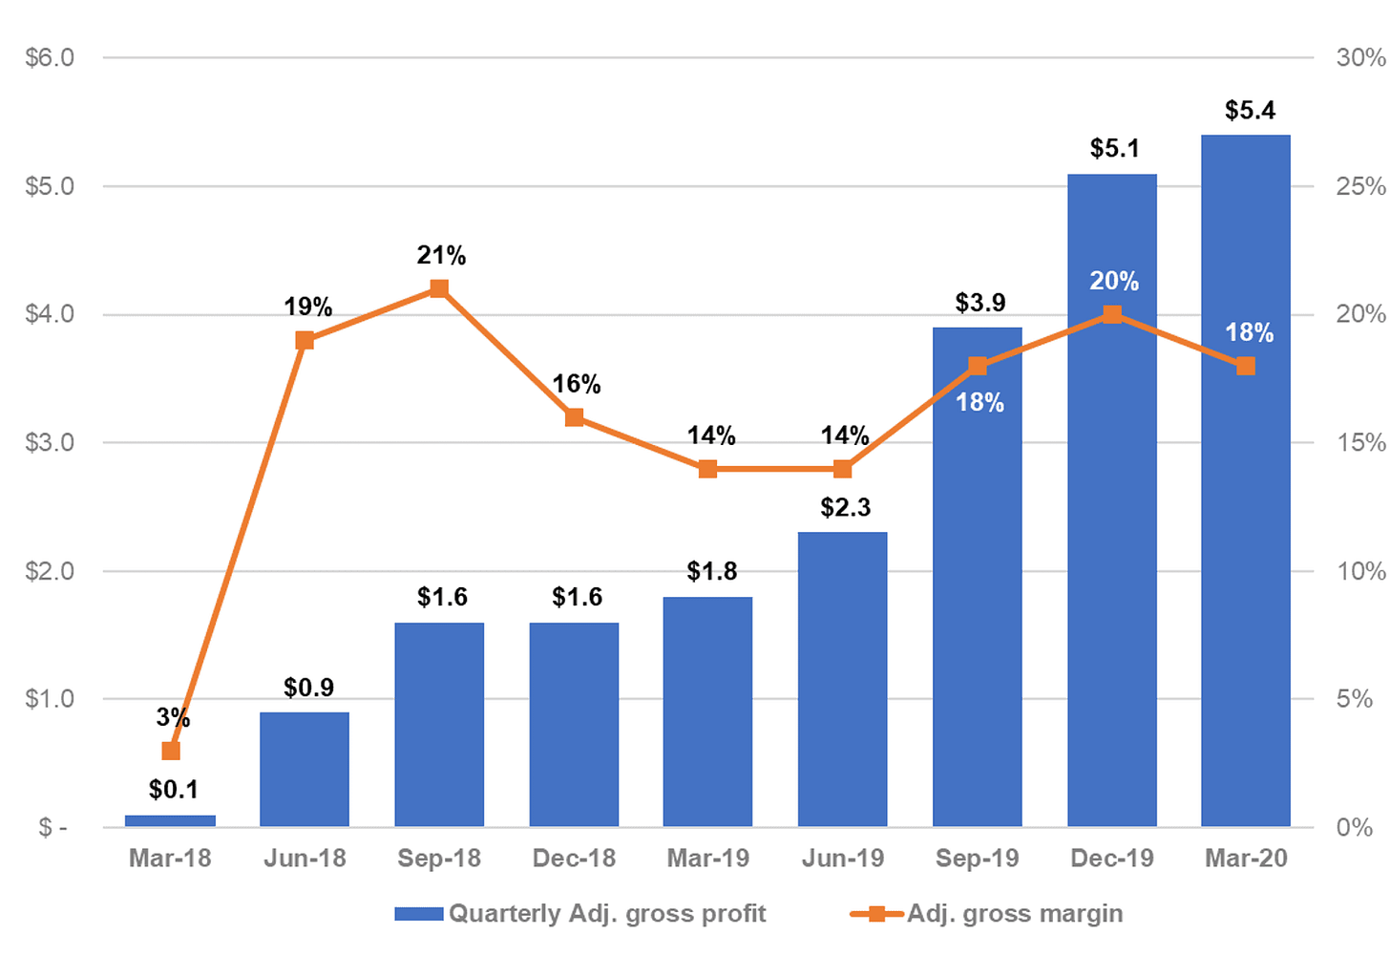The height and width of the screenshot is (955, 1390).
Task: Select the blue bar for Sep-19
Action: click(978, 577)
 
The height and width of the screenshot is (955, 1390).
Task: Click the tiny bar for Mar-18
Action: click(171, 821)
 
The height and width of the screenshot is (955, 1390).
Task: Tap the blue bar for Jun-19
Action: click(843, 679)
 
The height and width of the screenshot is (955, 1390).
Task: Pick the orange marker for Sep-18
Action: click(439, 288)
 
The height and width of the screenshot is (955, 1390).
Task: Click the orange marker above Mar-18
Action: click(171, 752)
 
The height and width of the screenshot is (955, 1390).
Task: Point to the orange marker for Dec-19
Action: click(1112, 315)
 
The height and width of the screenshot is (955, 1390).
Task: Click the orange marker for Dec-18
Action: click(574, 417)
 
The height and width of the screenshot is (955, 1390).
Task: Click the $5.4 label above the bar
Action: click(1250, 111)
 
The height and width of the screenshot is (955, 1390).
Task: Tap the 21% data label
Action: click(441, 255)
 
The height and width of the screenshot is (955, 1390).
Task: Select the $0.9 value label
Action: click(309, 688)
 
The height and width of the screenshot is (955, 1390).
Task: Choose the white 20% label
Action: click(1114, 282)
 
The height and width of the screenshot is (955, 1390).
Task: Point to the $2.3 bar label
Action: click(846, 507)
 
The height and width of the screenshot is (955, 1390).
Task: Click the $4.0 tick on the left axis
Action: click(50, 314)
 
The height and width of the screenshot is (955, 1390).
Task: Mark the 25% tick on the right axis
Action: click(1360, 186)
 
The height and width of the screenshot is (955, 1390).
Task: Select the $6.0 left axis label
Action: click(50, 57)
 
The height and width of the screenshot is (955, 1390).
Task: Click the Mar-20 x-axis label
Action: click(1246, 859)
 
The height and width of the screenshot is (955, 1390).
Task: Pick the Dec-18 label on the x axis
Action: click(574, 859)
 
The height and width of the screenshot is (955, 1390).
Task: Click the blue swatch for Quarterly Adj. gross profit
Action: click(419, 914)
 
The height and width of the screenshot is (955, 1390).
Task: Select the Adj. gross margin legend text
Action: click(1015, 914)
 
